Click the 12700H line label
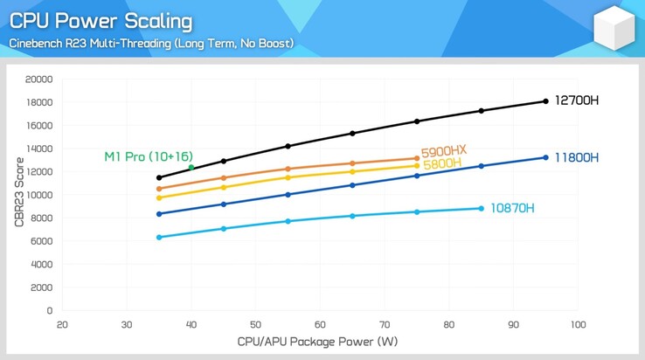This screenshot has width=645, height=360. pyautogui.click(x=577, y=100)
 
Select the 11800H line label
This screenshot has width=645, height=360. pyautogui.click(x=577, y=157)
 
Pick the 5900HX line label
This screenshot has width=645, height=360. pyautogui.click(x=444, y=151)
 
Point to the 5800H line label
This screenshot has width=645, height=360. pyautogui.click(x=441, y=163)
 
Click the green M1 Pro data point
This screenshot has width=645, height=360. pyautogui.click(x=191, y=167)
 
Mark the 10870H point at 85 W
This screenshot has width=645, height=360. pyautogui.click(x=482, y=208)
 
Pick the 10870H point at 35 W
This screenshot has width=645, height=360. pyautogui.click(x=159, y=238)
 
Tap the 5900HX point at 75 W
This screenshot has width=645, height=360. pyautogui.click(x=417, y=159)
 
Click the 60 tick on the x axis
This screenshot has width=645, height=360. pyautogui.click(x=320, y=324)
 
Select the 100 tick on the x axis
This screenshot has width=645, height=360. pyautogui.click(x=578, y=324)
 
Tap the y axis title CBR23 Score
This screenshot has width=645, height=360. pyautogui.click(x=18, y=193)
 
